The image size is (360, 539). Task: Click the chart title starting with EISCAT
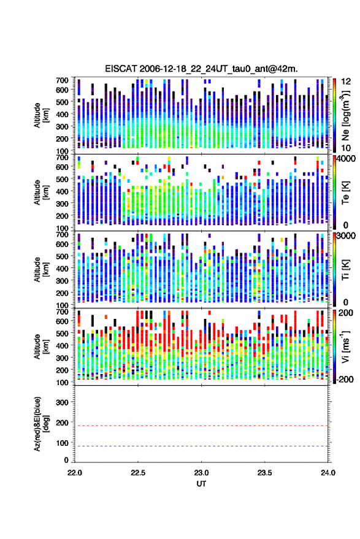pos(201,69)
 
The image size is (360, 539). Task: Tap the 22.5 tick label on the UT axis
pos(138,473)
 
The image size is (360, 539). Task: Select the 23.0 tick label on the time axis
pos(201,473)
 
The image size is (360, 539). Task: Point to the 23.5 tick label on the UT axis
pos(264,473)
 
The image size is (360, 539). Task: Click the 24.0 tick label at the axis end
pos(328,473)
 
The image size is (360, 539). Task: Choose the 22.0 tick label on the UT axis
pos(75,473)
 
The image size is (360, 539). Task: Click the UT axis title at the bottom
pos(201,484)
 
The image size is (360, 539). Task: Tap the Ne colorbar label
pos(345,115)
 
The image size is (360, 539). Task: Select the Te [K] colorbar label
pos(345,193)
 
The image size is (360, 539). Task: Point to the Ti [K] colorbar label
pos(345,270)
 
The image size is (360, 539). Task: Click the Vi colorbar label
pos(345,346)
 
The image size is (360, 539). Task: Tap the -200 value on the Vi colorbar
pos(345,380)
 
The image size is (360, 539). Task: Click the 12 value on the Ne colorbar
pos(346,82)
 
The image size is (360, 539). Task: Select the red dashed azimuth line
pos(201,426)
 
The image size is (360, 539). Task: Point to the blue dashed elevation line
pos(201,446)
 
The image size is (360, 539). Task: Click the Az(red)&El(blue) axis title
pos(41,424)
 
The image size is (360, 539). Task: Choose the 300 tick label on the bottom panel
pos(62,402)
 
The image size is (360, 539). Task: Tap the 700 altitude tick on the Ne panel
pos(62,80)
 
